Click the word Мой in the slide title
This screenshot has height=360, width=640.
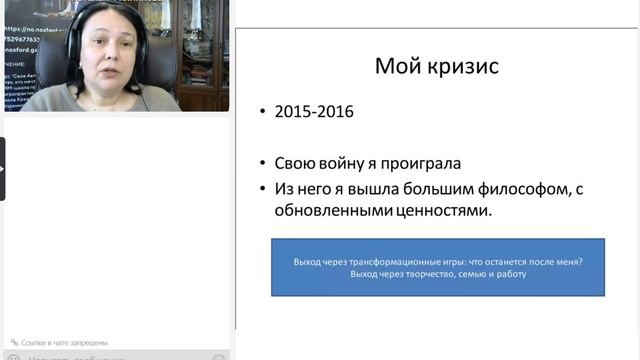coord(395,67)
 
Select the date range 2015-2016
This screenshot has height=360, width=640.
coord(313,112)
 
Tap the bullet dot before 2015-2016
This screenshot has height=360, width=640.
coord(263,113)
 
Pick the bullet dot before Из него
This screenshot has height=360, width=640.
coord(263,189)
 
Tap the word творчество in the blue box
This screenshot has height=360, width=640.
coord(425,274)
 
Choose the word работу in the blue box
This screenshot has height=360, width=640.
coord(508,274)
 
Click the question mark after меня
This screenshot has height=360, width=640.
coord(582,262)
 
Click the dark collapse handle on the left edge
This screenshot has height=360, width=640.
coord(3,168)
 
